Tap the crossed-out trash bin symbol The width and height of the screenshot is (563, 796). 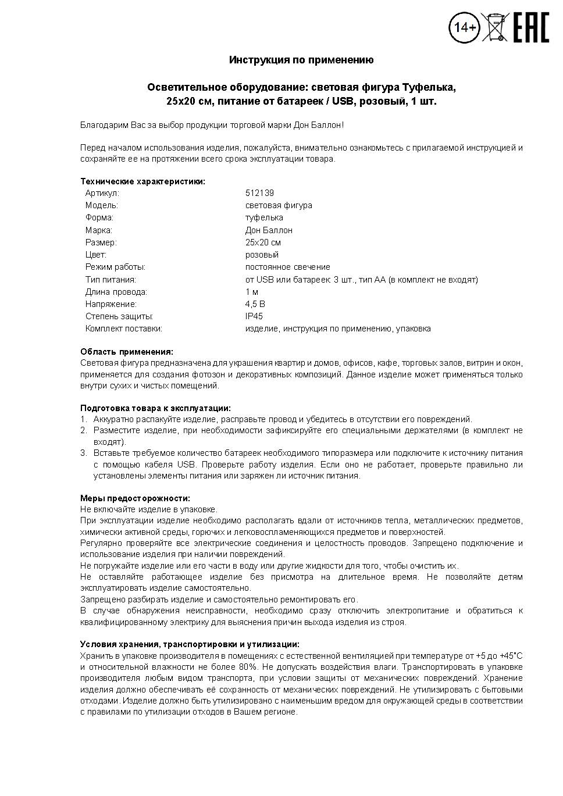495,27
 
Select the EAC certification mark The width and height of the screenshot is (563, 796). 530,28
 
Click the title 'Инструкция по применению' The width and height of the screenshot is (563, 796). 301,60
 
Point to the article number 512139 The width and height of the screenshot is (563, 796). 259,193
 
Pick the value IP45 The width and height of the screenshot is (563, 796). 254,316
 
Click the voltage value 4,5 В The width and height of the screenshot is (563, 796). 255,304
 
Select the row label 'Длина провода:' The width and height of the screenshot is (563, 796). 116,292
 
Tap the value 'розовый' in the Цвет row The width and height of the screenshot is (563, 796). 262,255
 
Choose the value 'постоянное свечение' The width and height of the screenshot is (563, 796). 287,267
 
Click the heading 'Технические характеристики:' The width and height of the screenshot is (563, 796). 142,181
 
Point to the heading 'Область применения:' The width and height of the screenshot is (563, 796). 127,352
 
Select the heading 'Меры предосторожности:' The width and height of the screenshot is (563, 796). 135,498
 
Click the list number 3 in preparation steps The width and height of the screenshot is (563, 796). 83,453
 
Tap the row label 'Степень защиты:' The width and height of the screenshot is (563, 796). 119,316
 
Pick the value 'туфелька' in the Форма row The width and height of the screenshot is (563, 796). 264,217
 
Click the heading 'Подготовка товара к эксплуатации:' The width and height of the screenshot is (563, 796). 155,408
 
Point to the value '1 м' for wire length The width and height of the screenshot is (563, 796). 252,292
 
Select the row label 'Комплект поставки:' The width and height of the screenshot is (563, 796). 124,329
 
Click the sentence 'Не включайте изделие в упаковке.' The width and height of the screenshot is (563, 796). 148,509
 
